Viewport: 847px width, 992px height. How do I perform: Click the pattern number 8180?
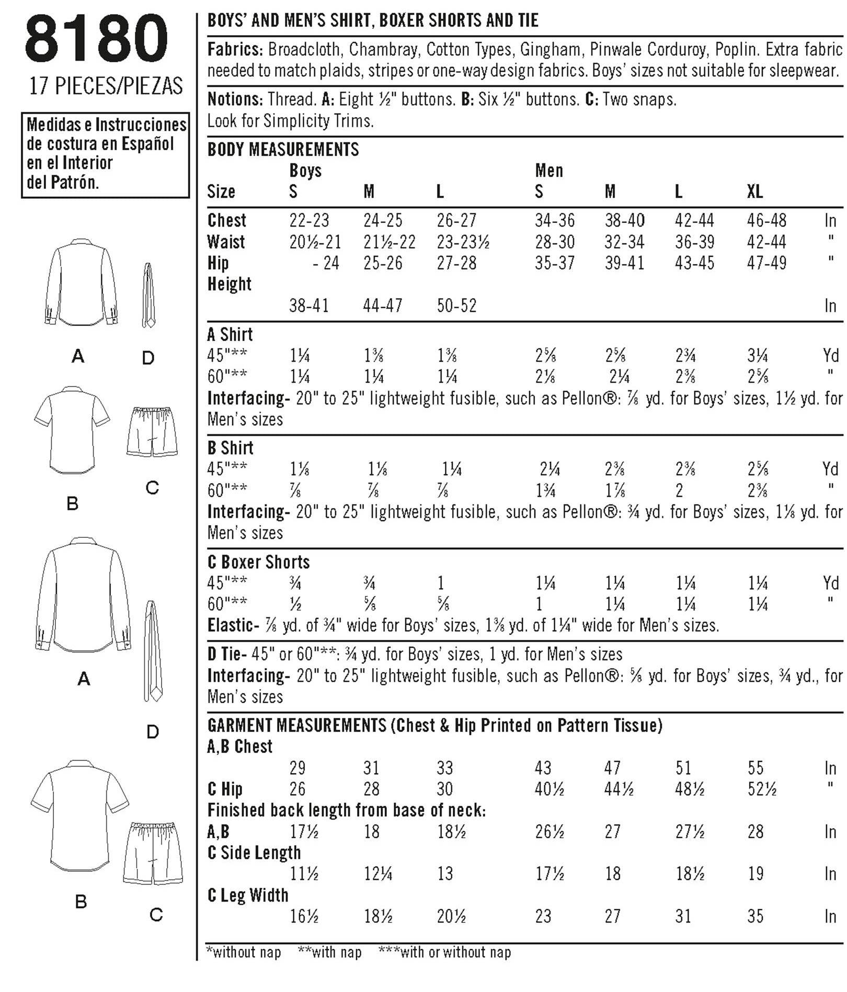[96, 39]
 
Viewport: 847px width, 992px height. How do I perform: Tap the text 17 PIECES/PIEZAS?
[106, 86]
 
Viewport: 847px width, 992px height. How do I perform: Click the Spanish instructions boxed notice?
[105, 155]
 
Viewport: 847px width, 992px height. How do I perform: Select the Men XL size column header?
[754, 191]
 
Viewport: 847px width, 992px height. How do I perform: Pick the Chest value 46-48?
[766, 220]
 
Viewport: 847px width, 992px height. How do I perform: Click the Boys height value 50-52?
[456, 306]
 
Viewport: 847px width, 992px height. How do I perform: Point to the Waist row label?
[226, 242]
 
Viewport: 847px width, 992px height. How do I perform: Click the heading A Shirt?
[230, 334]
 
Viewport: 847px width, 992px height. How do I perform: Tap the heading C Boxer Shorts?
[259, 562]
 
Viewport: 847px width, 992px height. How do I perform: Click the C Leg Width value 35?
[755, 916]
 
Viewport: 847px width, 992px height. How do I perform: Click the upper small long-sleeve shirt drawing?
[81, 283]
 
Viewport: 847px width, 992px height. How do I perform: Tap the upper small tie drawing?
[148, 296]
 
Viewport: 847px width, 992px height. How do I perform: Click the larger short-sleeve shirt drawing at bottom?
[80, 816]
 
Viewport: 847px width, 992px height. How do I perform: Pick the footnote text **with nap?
[329, 952]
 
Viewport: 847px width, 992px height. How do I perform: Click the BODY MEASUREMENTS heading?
[283, 150]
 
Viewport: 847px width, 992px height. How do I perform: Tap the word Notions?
[235, 99]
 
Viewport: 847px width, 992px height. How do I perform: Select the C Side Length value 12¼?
[377, 874]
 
